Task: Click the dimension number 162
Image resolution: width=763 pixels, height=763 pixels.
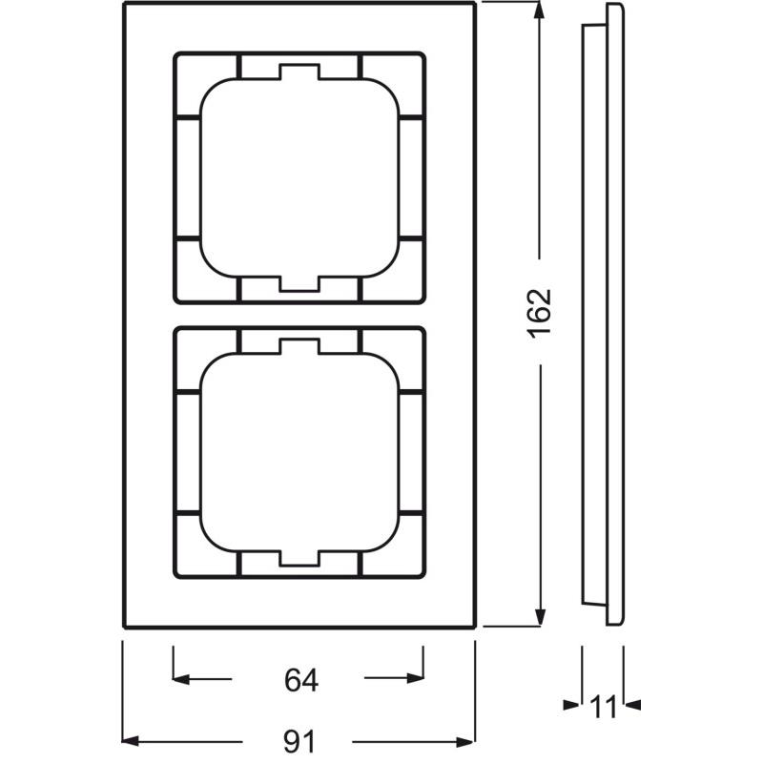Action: [540, 312]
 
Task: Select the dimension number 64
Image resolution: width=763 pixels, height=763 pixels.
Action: [301, 680]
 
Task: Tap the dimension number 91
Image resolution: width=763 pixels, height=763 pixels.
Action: [299, 742]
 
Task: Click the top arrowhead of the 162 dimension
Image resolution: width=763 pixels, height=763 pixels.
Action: [539, 11]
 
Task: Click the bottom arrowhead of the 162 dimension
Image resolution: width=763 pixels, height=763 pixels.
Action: [539, 617]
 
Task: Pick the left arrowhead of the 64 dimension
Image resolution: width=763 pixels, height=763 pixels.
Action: [181, 679]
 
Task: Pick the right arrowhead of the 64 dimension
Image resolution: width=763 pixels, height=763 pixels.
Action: [415, 678]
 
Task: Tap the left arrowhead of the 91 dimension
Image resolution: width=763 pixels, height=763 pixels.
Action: [131, 742]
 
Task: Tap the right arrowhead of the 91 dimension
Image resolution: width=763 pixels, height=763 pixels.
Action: [465, 742]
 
